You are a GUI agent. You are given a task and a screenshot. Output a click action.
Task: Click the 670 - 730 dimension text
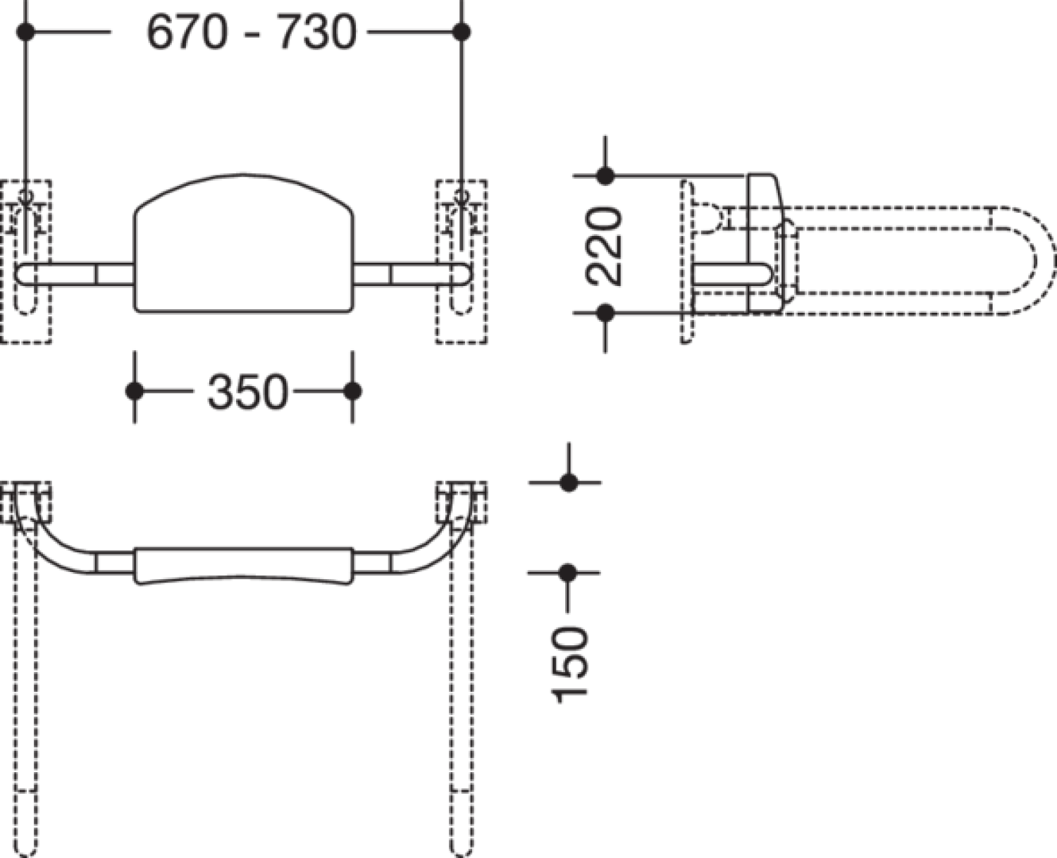[252, 32]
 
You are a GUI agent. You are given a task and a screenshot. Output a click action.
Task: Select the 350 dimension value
[247, 392]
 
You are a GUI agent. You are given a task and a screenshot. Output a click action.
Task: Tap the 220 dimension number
[604, 246]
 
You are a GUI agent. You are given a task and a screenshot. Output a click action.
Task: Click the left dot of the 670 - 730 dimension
[25, 32]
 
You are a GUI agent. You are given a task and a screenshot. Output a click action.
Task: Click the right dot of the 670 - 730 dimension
[462, 32]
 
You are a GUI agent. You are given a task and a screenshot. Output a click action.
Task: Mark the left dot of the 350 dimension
[135, 391]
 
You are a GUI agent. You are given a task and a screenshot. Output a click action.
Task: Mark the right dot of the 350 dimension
[352, 391]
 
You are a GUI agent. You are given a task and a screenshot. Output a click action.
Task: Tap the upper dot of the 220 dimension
[605, 175]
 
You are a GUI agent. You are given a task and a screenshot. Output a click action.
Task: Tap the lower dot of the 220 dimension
[605, 313]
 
